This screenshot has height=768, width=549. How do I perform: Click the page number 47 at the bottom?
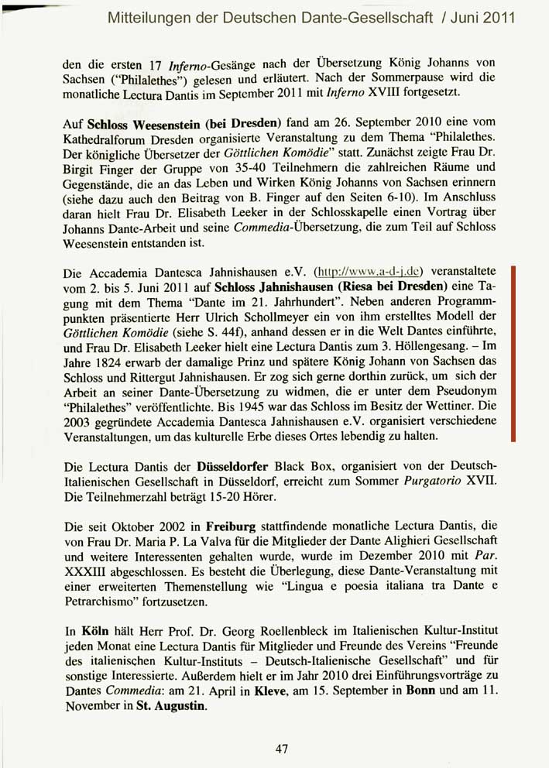[281, 748]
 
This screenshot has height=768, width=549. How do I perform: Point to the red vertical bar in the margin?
[513, 353]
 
